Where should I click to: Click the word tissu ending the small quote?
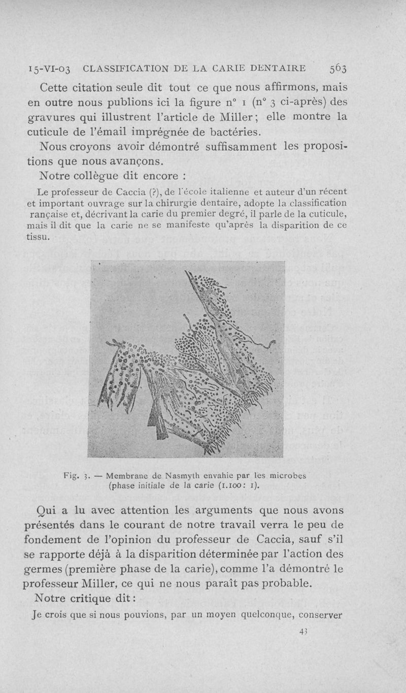click(x=38, y=236)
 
